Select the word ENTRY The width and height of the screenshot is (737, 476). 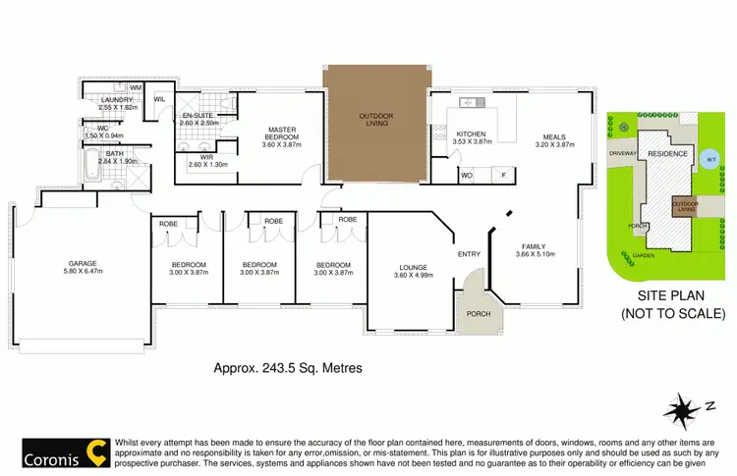[x=469, y=255]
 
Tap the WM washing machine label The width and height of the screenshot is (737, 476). [x=136, y=88]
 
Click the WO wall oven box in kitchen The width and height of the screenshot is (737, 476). [x=467, y=176]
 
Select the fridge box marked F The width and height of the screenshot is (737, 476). [x=504, y=176]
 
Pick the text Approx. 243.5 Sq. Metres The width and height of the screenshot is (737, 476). [x=289, y=369]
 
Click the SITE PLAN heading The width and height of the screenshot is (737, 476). [x=667, y=294]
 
